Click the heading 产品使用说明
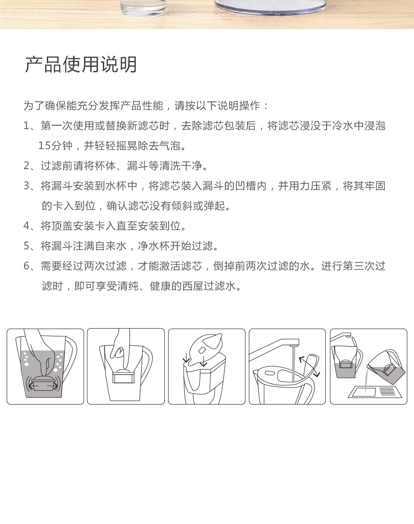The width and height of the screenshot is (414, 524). coord(81,65)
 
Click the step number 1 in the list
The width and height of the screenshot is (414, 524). coord(26,126)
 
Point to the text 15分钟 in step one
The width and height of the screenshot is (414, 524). coord(55,146)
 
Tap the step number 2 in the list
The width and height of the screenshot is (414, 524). coord(27,166)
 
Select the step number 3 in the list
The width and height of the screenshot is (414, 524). coord(27,186)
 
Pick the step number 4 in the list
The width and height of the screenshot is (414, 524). coord(27,226)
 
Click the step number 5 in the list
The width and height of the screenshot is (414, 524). coord(27,246)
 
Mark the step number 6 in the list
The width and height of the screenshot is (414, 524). coord(27,266)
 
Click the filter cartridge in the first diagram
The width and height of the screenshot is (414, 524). coord(43,384)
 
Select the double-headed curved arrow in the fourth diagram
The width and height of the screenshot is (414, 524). coord(309,367)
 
